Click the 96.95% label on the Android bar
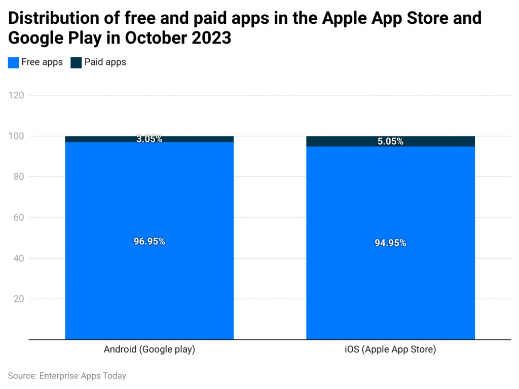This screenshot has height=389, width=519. [150, 241]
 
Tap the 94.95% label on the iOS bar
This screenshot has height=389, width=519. [390, 243]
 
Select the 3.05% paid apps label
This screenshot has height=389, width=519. [150, 139]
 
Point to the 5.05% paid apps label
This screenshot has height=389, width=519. [390, 142]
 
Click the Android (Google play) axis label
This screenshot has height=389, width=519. [150, 349]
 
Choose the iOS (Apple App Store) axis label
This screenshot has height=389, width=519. [390, 349]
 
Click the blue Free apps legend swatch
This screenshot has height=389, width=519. [13, 62]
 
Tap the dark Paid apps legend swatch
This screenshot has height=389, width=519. [76, 62]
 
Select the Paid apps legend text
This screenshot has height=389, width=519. [105, 62]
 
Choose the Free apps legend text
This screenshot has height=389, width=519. [42, 62]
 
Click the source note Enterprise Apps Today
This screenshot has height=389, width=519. [67, 376]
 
